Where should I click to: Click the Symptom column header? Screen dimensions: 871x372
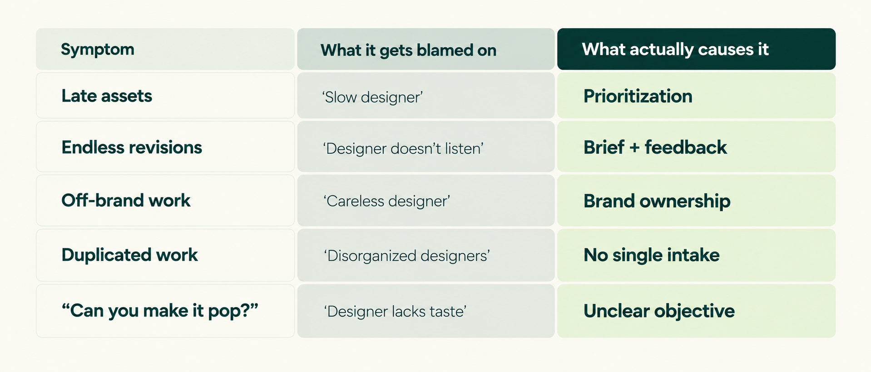(x=165, y=49)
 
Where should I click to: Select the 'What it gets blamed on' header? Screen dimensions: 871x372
(x=426, y=49)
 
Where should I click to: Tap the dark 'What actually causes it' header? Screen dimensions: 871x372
(x=696, y=49)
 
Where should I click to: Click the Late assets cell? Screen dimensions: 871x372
(x=165, y=96)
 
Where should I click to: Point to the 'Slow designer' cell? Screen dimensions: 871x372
(x=426, y=96)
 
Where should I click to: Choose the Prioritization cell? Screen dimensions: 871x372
(x=696, y=96)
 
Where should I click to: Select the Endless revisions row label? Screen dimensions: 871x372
(x=132, y=147)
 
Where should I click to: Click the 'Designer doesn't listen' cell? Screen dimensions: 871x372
(x=426, y=147)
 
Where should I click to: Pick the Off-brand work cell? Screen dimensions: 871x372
(x=165, y=201)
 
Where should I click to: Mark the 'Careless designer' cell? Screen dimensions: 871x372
(x=426, y=201)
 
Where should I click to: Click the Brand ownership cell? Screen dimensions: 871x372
(x=696, y=201)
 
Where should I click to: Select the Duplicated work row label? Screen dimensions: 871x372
(x=129, y=255)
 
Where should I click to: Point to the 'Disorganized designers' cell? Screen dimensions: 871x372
(x=426, y=255)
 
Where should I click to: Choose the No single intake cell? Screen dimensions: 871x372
(x=696, y=255)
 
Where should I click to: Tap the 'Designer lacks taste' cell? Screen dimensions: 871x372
(x=426, y=311)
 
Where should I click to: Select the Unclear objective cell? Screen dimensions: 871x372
(x=696, y=311)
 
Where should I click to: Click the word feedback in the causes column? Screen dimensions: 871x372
(x=686, y=147)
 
